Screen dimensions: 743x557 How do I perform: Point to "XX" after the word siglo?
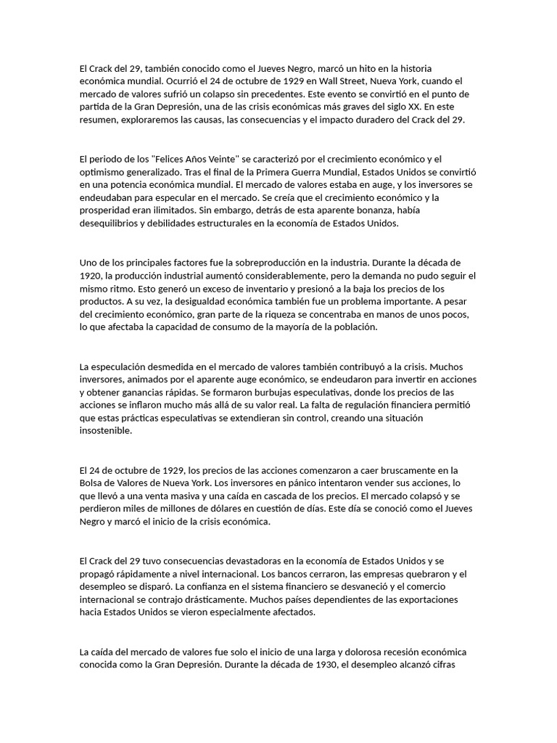(x=416, y=107)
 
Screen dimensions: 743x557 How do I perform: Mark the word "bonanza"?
(x=395, y=211)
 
